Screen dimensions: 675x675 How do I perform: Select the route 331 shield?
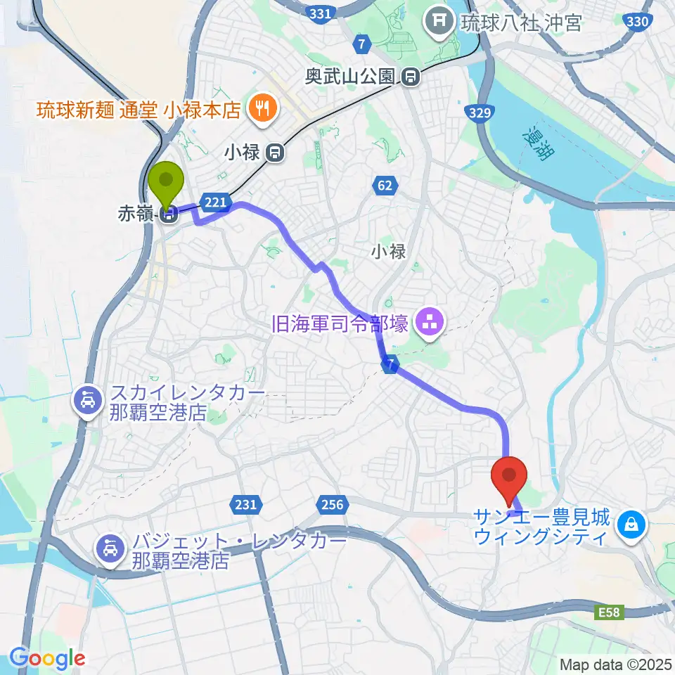point(319,13)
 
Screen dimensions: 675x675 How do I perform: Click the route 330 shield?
point(636,22)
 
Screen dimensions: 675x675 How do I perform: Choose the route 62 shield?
point(385,186)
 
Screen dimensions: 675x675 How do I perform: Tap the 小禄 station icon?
point(276,151)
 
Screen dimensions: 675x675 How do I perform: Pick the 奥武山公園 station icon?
point(411,76)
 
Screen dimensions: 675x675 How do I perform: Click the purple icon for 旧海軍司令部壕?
point(426,323)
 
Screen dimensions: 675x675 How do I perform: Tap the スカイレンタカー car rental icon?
point(87,402)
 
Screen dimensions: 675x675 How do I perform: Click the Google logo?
point(47,658)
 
